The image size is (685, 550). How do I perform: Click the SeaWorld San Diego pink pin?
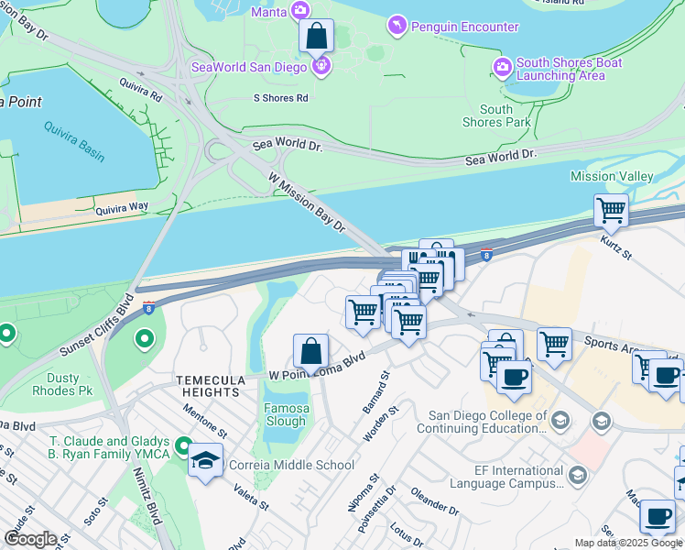[321, 66]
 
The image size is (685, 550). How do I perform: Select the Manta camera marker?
[299, 11]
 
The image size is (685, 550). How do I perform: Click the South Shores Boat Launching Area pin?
[502, 68]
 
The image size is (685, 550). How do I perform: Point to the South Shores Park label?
[496, 115]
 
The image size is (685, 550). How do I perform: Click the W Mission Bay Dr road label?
[307, 202]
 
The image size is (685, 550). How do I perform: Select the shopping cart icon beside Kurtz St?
[611, 211]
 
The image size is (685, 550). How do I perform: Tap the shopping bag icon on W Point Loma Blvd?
[310, 351]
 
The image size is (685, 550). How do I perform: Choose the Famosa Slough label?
[286, 414]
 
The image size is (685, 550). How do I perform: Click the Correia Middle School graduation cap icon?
[206, 460]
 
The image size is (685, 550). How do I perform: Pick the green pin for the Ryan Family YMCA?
[183, 447]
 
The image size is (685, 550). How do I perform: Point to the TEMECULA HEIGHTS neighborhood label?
[212, 386]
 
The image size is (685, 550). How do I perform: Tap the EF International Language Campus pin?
[577, 475]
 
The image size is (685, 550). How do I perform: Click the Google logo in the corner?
[30, 539]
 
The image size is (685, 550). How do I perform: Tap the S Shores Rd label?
[281, 98]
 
